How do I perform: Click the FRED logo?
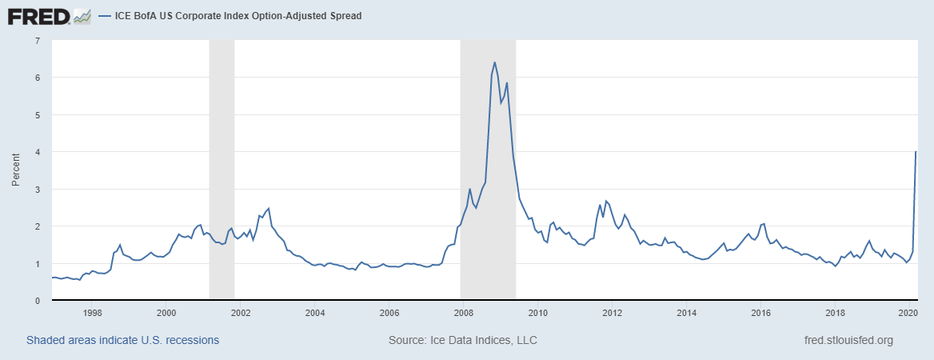tap(38, 15)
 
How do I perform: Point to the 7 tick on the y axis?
tap(38, 40)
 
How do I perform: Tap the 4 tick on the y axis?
tap(38, 152)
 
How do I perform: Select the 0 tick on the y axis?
tap(38, 301)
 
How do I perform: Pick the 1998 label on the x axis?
tap(91, 313)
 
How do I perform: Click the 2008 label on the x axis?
tap(463, 313)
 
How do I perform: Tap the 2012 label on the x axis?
tap(612, 313)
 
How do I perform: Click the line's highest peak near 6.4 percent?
tap(494, 62)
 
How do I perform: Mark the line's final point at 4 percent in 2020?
tap(916, 152)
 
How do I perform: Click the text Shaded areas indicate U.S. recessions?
tap(122, 340)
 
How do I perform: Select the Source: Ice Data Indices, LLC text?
tap(462, 340)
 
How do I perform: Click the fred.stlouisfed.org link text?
tap(848, 340)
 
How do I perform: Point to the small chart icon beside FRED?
tap(82, 15)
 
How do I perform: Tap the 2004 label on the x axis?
tap(314, 313)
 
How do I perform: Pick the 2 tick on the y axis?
tap(38, 226)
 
